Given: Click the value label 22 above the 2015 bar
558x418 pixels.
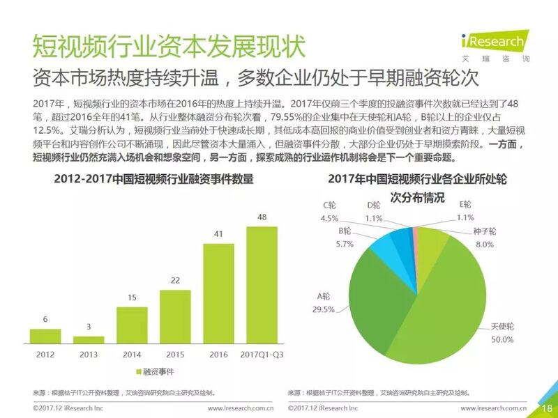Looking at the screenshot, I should click(x=174, y=279).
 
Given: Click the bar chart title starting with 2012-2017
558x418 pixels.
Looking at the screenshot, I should click(x=153, y=179).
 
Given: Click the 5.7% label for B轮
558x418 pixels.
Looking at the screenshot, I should click(x=344, y=243).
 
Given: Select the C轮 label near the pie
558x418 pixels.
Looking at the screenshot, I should click(x=330, y=205).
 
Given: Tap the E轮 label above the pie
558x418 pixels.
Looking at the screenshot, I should click(x=465, y=205).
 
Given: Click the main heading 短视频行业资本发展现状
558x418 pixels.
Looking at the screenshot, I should click(x=168, y=46).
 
